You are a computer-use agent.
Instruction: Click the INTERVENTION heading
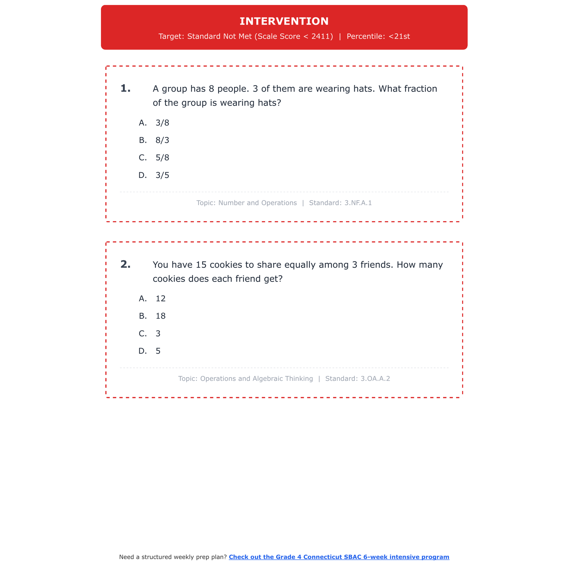284,21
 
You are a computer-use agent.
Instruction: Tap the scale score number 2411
322,36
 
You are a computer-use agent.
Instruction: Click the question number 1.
125,89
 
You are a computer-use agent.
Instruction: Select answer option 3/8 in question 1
162,123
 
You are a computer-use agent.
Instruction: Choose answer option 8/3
162,140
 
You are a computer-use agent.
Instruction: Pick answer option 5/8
162,158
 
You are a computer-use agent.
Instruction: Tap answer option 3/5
162,175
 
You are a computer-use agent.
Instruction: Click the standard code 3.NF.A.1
358,203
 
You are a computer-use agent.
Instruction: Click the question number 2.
125,264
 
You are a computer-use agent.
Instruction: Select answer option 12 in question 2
160,299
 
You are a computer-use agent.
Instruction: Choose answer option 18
160,316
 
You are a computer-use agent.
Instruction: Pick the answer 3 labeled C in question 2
158,334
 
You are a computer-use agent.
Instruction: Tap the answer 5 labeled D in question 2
158,351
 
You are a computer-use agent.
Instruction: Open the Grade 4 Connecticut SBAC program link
339,557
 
